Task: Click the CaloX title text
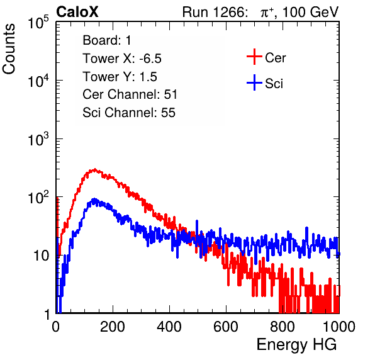point(77,11)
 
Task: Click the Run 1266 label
point(213,12)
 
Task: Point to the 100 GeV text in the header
point(310,12)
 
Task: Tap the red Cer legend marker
point(254,57)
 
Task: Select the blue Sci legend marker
point(254,82)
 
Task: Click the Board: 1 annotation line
point(107,40)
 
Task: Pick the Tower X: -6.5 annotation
point(122,59)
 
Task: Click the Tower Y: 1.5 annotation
point(120,77)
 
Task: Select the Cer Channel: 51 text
point(130,94)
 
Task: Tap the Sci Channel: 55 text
point(129,113)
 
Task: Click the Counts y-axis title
point(9,49)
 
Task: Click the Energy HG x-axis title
point(296,345)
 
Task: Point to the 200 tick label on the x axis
point(113,327)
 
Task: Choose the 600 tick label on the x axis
point(226,327)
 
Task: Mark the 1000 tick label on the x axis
point(339,327)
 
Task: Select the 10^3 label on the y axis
point(38,139)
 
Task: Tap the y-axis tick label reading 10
point(41,256)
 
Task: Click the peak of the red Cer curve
point(95,170)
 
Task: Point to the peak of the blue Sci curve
point(94,200)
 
